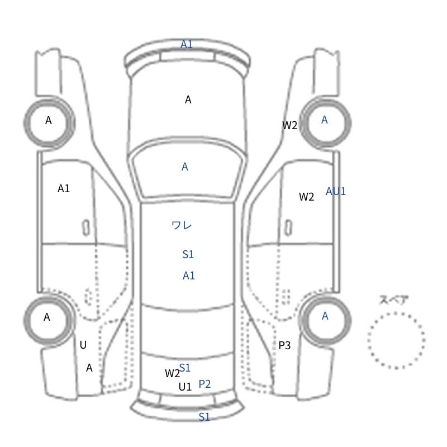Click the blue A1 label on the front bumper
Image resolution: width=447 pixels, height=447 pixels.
[187, 45]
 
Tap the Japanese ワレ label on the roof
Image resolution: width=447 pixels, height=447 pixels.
[182, 225]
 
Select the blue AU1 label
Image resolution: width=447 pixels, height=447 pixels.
[336, 191]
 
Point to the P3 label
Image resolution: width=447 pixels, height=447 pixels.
[284, 345]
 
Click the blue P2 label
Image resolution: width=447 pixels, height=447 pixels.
[205, 384]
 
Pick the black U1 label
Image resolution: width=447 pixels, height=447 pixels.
[185, 387]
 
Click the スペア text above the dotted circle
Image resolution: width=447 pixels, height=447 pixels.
[389, 300]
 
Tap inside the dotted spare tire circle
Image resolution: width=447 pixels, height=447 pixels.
[396, 340]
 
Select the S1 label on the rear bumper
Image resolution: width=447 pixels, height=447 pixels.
[204, 417]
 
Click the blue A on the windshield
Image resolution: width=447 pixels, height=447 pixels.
[185, 167]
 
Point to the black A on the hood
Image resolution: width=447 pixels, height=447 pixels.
[188, 100]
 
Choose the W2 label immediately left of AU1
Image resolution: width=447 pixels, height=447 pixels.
[306, 197]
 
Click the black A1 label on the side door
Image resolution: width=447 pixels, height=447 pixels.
[64, 188]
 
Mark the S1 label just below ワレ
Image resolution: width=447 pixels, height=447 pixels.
[188, 254]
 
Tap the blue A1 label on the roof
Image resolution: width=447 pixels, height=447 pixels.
[189, 275]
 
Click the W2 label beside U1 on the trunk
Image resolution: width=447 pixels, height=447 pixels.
[173, 373]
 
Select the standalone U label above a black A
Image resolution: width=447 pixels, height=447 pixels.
[83, 345]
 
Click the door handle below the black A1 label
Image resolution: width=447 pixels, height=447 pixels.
[86, 228]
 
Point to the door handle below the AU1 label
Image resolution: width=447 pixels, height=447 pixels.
[288, 228]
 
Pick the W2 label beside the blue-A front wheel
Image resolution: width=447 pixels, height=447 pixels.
[289, 125]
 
